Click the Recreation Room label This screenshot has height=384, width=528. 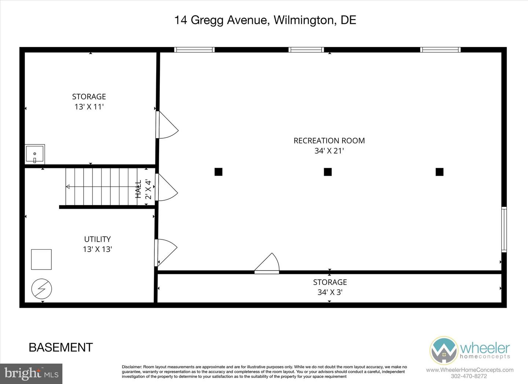329,140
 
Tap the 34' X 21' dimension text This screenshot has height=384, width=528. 329,151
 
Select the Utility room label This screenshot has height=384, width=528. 97,239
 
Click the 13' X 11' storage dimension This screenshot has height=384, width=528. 89,107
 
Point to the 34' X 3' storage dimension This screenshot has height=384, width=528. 330,292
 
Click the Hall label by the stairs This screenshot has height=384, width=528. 139,189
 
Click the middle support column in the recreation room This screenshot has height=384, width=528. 328,172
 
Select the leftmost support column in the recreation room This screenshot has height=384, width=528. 219,172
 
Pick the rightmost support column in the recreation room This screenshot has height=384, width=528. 439,172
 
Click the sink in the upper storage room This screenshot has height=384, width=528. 35,154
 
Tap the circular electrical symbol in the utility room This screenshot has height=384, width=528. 41,289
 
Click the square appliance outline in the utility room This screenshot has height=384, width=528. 41,259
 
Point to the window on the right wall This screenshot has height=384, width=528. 504,230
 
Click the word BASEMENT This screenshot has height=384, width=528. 61,347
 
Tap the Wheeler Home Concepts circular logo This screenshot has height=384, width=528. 444,350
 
